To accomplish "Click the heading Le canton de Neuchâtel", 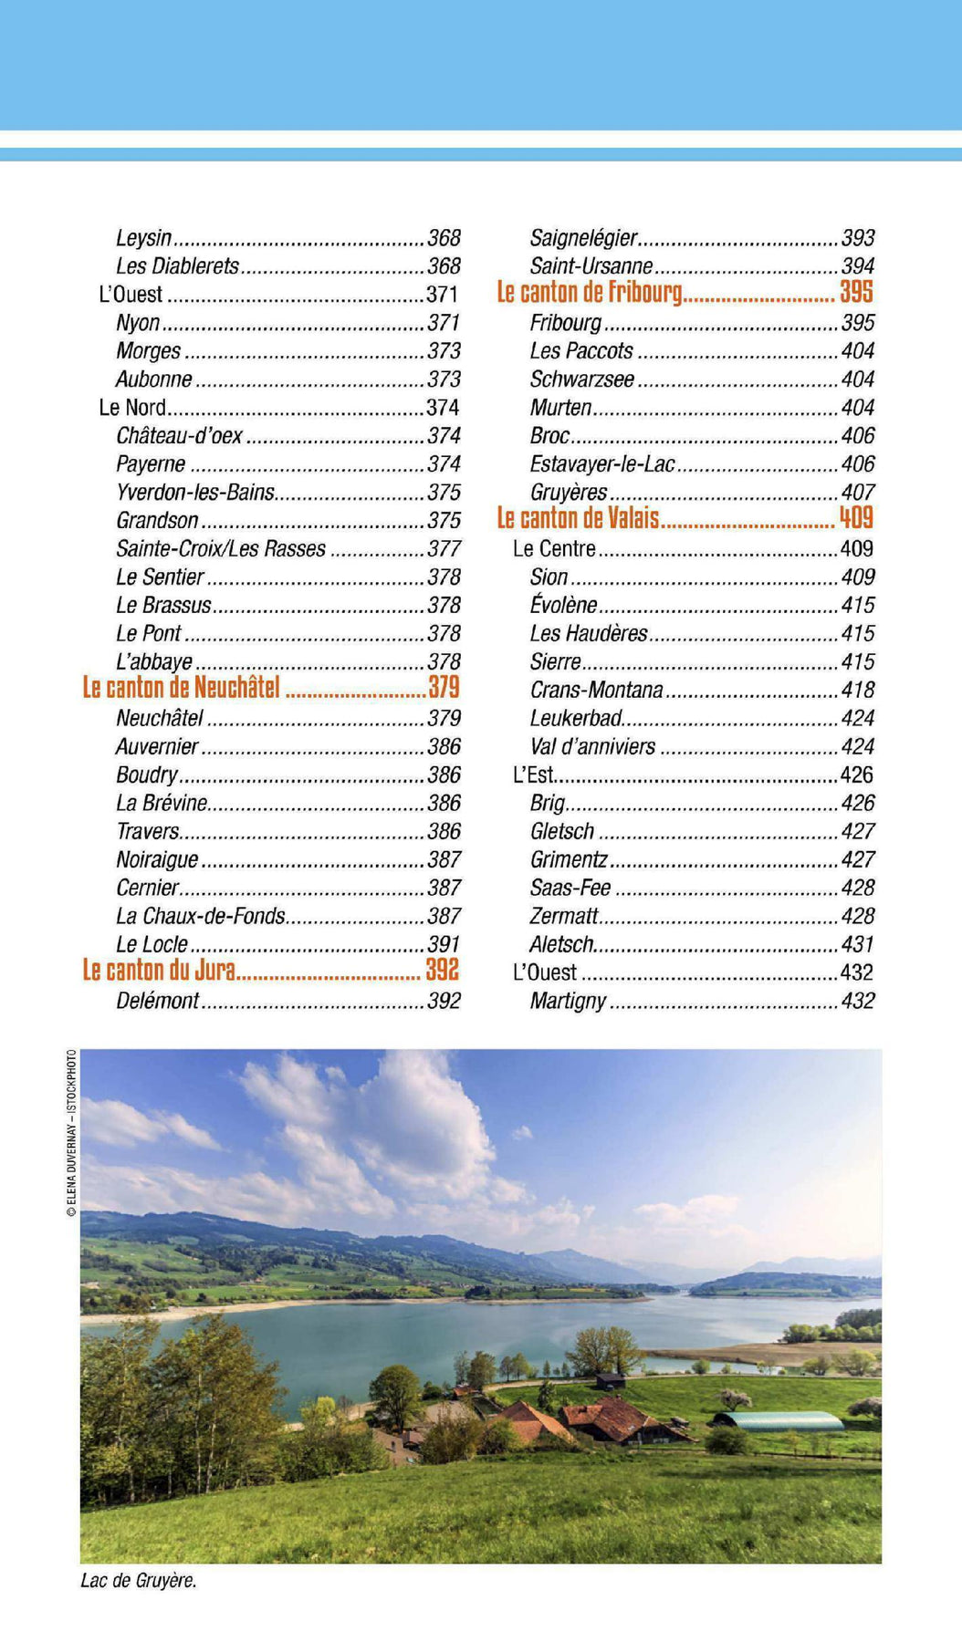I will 181,688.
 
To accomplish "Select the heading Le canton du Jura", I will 159,971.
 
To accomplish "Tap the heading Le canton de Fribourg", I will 589,293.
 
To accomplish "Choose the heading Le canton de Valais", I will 578,519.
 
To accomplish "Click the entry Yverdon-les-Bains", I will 194,493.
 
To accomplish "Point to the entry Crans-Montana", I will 596,691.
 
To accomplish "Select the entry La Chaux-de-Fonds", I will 200,917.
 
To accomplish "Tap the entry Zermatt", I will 563,917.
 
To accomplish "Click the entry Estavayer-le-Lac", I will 601,464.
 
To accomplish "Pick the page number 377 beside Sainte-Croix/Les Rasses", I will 444,549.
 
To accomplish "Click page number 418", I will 857,691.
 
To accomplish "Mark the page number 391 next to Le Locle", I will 444,945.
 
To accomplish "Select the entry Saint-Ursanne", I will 591,266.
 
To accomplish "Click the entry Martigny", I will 567,1002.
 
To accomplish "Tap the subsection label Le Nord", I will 132,408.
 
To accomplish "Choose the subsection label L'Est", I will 533,775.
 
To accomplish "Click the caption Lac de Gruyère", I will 139,1581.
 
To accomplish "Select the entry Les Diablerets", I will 177,266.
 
